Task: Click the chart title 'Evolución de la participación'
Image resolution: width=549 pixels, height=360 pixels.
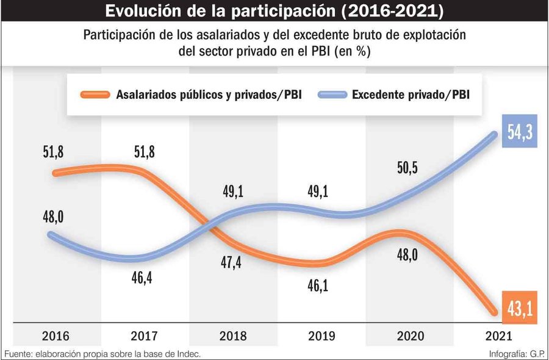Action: [274, 12]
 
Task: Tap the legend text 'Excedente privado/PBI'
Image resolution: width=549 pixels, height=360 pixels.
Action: [414, 95]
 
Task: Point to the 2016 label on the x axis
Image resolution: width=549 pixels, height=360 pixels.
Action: [56, 336]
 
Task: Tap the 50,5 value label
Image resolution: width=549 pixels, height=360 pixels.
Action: [407, 168]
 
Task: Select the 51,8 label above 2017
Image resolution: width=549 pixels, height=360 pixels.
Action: [144, 151]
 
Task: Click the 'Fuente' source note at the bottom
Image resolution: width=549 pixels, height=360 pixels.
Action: [102, 354]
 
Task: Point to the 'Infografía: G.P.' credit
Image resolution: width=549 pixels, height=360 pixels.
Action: [518, 354]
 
